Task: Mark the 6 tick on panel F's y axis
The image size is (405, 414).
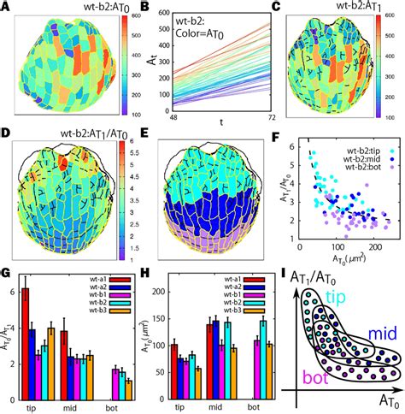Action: pyautogui.click(x=288, y=148)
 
